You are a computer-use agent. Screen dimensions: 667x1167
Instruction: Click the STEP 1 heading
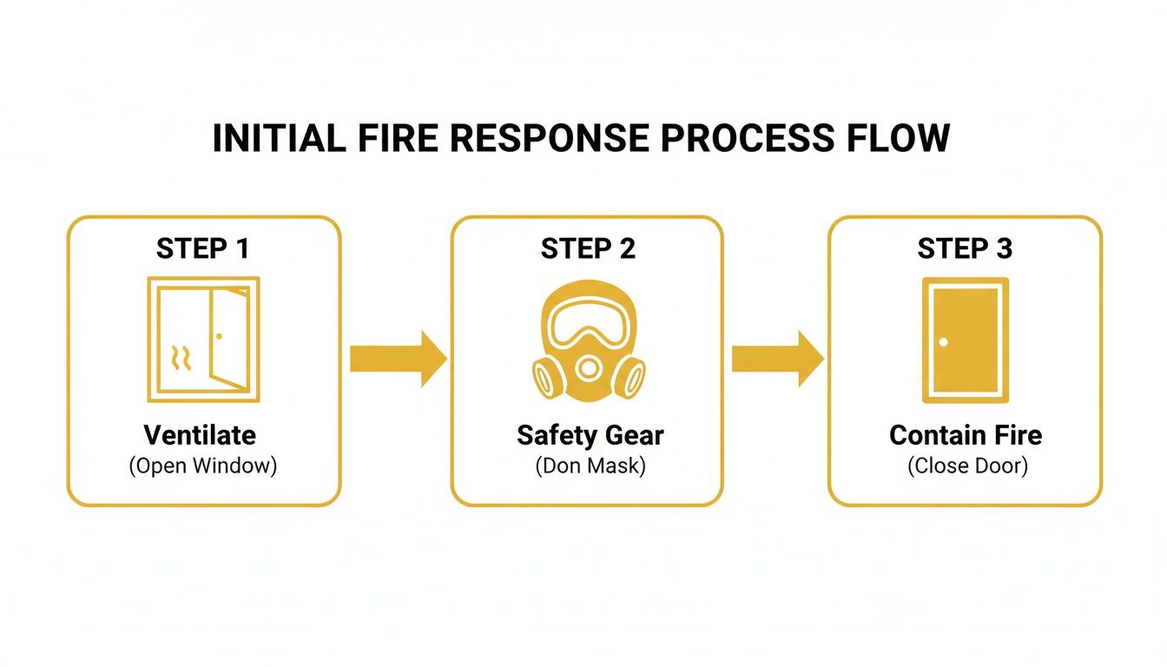203,249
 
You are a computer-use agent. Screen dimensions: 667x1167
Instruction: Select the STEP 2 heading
588,249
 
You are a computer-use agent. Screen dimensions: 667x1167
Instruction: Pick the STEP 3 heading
965,249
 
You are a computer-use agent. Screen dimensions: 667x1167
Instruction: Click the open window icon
204,339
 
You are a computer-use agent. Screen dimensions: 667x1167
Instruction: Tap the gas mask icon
588,343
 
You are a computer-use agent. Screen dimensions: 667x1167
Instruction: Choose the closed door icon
965,340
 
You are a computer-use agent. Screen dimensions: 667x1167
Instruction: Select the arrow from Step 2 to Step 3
776,358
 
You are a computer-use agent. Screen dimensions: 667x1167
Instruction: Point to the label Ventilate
200,434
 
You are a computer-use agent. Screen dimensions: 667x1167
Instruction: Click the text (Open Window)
202,466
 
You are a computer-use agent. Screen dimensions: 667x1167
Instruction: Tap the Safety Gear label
590,434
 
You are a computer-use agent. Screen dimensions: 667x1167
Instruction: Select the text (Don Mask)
590,466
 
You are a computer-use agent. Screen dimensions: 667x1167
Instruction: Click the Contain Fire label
965,434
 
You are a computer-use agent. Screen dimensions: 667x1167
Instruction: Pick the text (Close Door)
967,466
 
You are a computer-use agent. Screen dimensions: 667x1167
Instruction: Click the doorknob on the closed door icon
944,341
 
